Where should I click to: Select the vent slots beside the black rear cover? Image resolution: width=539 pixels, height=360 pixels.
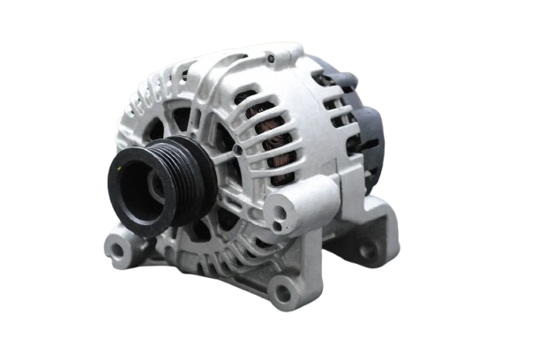[x=340, y=115]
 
